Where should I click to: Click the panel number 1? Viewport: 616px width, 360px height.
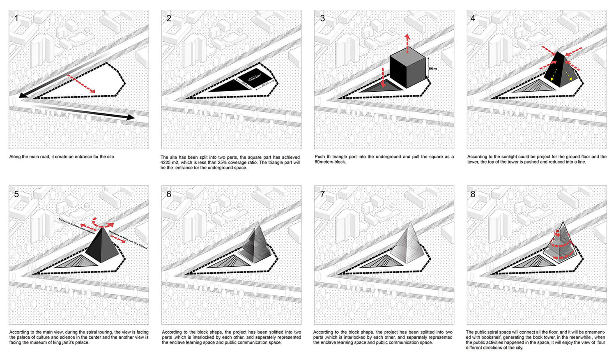tap(16, 18)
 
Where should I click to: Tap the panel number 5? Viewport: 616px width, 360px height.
tap(16, 194)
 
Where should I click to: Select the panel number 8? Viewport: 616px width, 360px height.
tap(473, 194)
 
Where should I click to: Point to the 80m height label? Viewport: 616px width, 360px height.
tap(432, 69)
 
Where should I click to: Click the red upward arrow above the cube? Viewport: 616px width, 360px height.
tap(407, 43)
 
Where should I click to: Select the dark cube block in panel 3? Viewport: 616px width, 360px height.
tap(407, 71)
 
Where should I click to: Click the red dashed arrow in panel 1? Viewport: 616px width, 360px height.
tap(81, 84)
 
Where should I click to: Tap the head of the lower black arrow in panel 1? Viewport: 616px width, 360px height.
tap(131, 118)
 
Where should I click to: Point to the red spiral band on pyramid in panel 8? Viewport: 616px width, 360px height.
tap(563, 247)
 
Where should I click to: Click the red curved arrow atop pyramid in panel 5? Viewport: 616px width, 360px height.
tap(103, 222)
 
